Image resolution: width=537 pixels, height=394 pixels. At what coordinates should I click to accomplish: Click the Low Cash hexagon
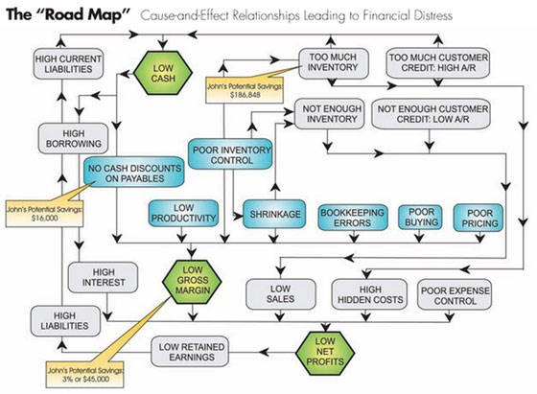(163, 73)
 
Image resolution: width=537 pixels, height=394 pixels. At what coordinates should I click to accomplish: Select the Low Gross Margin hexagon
(192, 282)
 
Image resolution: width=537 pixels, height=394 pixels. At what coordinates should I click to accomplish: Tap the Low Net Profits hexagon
(325, 352)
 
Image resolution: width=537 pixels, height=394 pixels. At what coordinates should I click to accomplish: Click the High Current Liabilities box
(68, 64)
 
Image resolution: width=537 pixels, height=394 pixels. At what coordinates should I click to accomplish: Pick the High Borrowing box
(73, 138)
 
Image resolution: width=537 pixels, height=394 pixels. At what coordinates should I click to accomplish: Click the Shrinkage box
(274, 214)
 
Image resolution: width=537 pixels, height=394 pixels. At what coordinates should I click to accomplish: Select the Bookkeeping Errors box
(353, 218)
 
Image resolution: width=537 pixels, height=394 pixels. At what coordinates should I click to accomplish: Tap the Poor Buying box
(420, 217)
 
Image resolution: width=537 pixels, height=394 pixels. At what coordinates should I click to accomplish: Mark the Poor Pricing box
(479, 218)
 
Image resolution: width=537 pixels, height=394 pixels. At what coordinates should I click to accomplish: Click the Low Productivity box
(183, 213)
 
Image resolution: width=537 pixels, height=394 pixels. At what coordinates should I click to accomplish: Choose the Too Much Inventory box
(334, 63)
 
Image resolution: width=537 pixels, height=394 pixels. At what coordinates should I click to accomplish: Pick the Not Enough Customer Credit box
(432, 114)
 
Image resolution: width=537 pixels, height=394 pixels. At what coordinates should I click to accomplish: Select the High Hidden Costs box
(369, 294)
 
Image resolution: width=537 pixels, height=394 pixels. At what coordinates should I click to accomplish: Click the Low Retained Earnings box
(190, 352)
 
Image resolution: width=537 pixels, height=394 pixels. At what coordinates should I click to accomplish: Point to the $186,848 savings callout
(245, 90)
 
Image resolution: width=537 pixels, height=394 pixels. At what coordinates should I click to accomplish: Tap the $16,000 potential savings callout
(44, 214)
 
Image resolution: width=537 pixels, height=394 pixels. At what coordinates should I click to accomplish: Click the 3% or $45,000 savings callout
(85, 375)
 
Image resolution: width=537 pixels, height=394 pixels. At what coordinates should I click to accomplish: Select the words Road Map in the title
(87, 14)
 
